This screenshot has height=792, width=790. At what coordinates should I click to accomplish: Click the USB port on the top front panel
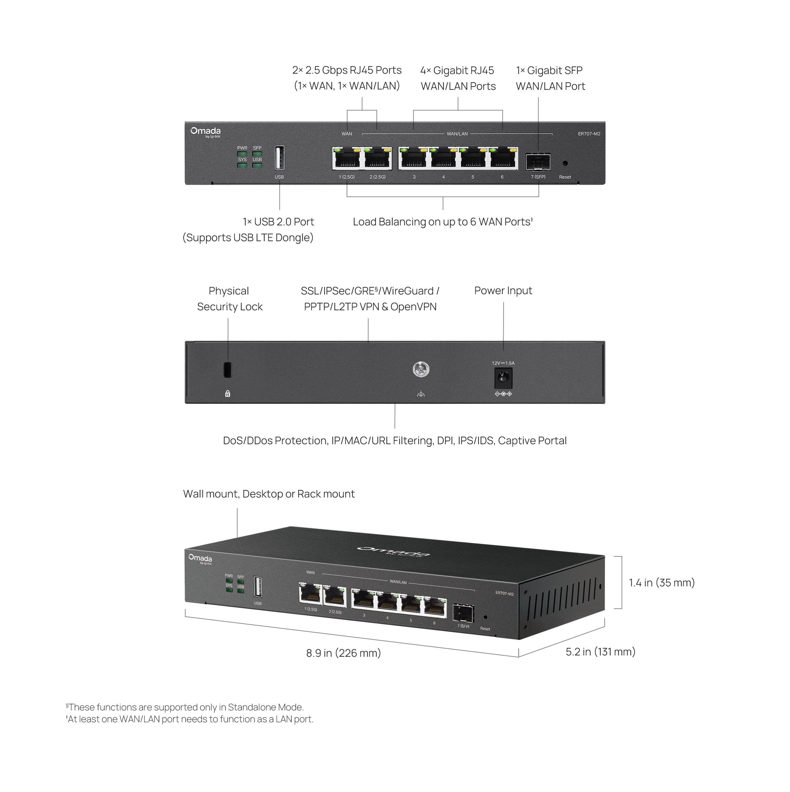[279, 158]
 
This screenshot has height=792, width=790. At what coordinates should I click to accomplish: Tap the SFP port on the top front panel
[538, 162]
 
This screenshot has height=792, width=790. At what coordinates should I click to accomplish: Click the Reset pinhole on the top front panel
[565, 163]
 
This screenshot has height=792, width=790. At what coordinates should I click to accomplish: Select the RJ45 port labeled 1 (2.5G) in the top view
[347, 159]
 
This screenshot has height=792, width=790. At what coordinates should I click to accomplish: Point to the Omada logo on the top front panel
[205, 132]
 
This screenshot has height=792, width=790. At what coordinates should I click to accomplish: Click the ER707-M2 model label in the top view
[589, 134]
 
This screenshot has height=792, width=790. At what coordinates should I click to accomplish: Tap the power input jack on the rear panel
[503, 378]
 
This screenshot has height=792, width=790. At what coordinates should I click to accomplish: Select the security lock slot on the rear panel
[228, 370]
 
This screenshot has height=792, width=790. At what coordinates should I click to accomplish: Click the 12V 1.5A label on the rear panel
[503, 363]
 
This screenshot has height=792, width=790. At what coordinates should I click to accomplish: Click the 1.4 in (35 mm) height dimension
[662, 582]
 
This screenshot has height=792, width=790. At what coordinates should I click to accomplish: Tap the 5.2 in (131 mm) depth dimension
[600, 652]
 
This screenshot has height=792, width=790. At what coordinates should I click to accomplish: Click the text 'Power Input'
[503, 291]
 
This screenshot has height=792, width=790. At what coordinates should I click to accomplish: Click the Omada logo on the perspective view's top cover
[394, 551]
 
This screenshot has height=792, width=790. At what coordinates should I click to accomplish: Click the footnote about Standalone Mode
[185, 707]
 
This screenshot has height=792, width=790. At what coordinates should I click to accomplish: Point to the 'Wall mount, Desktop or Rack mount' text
[269, 494]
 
